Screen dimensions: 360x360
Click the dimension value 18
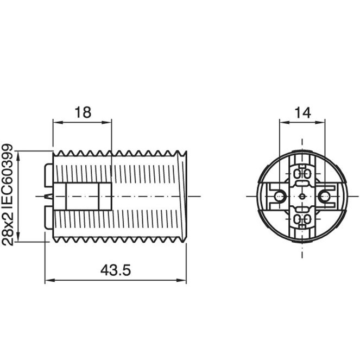(x=83, y=112)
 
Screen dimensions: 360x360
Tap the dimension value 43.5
(x=116, y=270)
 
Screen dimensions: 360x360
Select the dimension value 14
(x=302, y=113)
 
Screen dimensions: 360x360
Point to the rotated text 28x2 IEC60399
(x=8, y=195)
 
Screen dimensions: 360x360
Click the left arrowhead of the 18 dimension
(x=58, y=122)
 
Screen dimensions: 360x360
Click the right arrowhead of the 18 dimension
(x=107, y=122)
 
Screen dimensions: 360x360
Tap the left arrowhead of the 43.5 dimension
(x=50, y=280)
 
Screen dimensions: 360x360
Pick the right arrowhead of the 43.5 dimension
(x=181, y=280)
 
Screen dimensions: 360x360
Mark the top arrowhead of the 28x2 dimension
(x=19, y=156)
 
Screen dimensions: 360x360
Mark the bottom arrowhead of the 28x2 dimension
(x=19, y=237)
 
